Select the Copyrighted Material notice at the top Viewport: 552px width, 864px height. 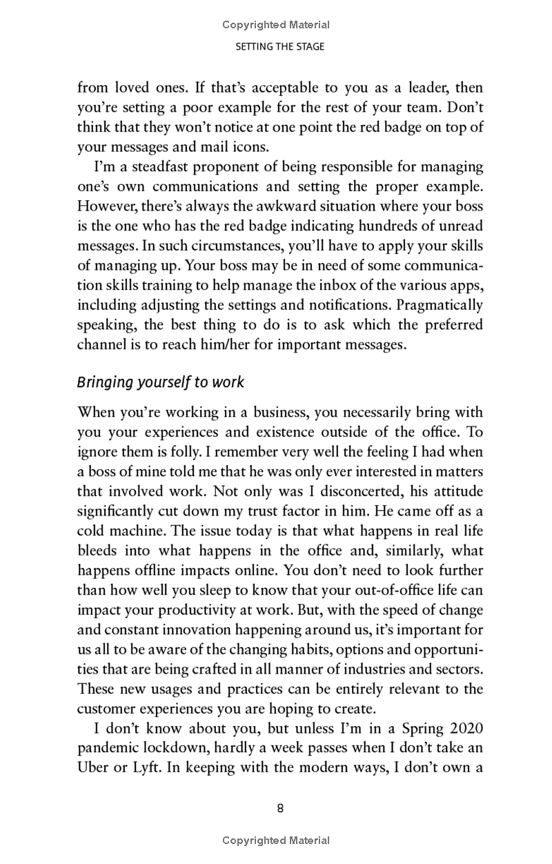click(x=276, y=25)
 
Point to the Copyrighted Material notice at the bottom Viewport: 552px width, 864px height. click(x=276, y=841)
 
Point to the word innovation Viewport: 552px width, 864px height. click(x=208, y=630)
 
